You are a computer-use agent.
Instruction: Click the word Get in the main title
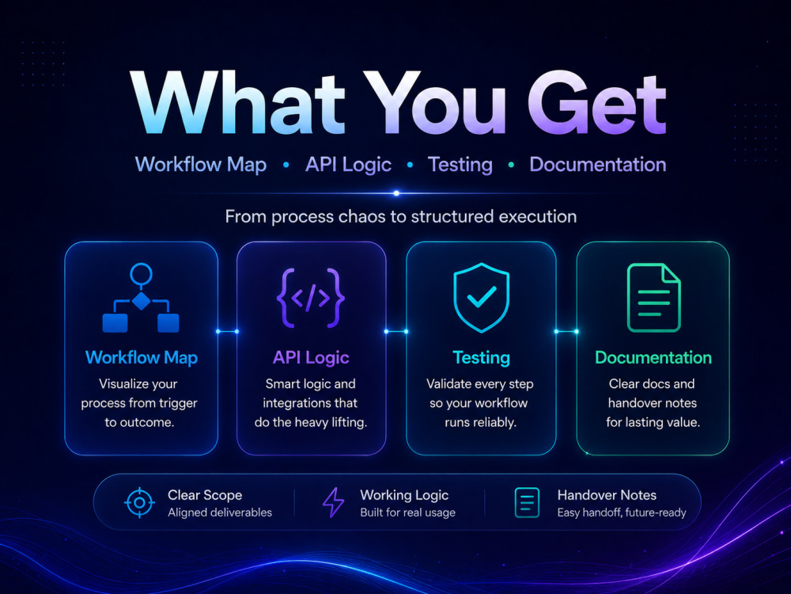pos(597,103)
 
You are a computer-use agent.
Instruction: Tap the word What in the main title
pos(237,102)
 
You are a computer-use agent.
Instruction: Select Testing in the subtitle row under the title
pos(460,166)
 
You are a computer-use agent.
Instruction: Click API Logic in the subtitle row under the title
pos(348,165)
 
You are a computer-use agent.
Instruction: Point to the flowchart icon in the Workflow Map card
pos(141,298)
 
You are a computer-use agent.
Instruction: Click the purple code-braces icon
pos(311,298)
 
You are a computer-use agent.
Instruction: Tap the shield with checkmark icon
pos(481,298)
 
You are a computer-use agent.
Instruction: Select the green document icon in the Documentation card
pos(654,298)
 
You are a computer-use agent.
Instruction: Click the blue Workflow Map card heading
pos(142,358)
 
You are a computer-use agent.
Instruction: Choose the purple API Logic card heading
pos(311,358)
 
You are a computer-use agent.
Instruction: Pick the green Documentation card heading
pos(653,358)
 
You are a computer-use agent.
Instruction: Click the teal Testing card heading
pos(481,358)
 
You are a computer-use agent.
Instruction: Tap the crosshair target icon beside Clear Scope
pos(139,503)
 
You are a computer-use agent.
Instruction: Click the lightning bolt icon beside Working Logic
pos(333,503)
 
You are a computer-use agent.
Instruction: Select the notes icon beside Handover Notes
pos(527,503)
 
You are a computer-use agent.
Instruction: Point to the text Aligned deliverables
pos(220,512)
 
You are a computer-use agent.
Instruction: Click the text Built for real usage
pos(407,512)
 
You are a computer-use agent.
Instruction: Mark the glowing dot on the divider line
pos(396,193)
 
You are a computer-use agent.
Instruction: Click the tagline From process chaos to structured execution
pos(400,217)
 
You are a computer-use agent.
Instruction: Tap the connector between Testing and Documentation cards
pos(566,331)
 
